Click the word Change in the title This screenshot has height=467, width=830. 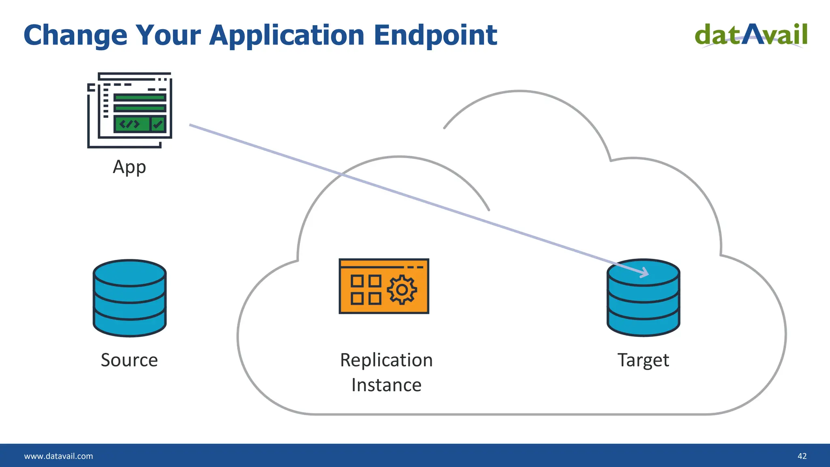click(x=75, y=36)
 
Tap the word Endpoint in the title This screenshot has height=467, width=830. click(x=435, y=36)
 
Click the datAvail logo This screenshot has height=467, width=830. click(x=751, y=35)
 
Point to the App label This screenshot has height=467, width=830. click(x=129, y=167)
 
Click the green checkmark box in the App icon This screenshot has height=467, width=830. click(x=158, y=124)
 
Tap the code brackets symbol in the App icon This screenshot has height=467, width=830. click(x=130, y=124)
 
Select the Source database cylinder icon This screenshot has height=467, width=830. click(x=130, y=298)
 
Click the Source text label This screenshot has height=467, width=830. click(x=129, y=360)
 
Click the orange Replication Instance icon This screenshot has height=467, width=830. click(x=384, y=286)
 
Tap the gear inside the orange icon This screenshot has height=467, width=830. click(x=402, y=290)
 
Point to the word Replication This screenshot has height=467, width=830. click(x=386, y=360)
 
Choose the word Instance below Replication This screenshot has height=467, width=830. click(x=386, y=385)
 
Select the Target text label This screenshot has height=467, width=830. click(x=643, y=360)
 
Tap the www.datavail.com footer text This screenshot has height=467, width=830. click(x=59, y=456)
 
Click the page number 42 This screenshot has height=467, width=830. click(x=802, y=456)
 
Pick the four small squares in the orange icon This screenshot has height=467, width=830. click(x=366, y=290)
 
